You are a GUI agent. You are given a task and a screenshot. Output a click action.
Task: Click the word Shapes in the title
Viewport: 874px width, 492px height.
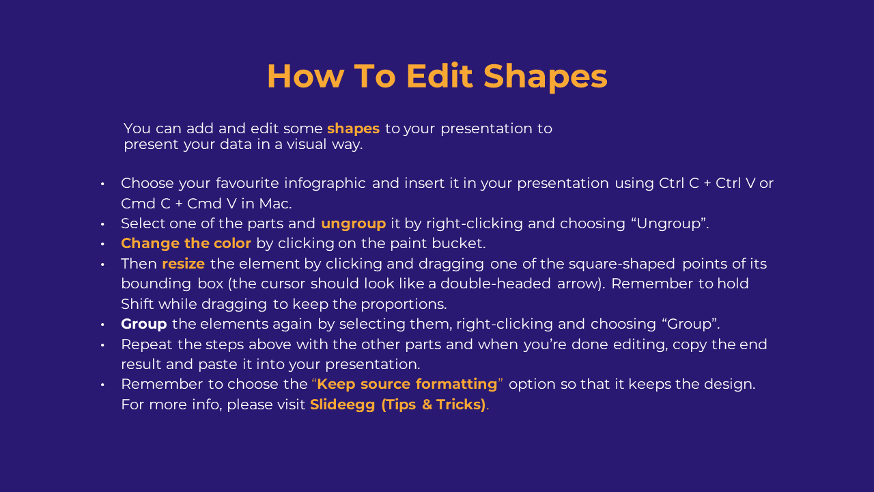coord(546,77)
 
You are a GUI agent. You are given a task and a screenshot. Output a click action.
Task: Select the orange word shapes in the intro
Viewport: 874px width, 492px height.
coord(353,129)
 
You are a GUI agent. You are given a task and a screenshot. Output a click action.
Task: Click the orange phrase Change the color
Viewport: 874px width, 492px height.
coord(186,243)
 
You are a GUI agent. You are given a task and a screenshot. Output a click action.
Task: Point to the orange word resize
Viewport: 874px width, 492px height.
coord(184,264)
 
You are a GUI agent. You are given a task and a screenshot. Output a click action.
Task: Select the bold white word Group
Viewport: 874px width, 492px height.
coord(144,325)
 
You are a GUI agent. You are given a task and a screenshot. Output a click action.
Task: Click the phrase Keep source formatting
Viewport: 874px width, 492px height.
coord(407,385)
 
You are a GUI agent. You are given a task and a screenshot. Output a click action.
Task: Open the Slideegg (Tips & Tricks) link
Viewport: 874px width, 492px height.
coord(397,405)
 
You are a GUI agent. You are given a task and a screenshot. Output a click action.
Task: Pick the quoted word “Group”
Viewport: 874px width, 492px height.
coord(690,324)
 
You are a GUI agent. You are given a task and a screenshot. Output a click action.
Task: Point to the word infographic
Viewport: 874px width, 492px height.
coord(324,184)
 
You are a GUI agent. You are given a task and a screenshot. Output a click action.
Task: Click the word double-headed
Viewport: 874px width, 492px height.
coord(496,284)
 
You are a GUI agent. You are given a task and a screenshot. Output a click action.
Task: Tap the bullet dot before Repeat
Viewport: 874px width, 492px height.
coord(102,345)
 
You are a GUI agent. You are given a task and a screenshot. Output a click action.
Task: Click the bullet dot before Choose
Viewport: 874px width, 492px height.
coord(102,184)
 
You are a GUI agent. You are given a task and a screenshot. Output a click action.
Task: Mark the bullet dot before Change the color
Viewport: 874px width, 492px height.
coord(102,245)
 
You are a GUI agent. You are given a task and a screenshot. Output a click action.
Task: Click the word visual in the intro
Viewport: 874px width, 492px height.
coord(307,144)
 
